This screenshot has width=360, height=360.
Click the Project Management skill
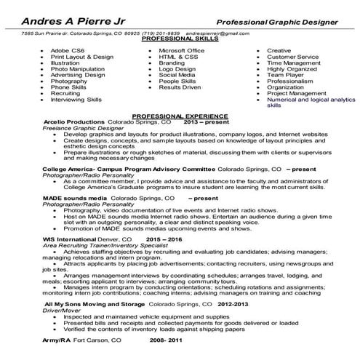tap(296, 93)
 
